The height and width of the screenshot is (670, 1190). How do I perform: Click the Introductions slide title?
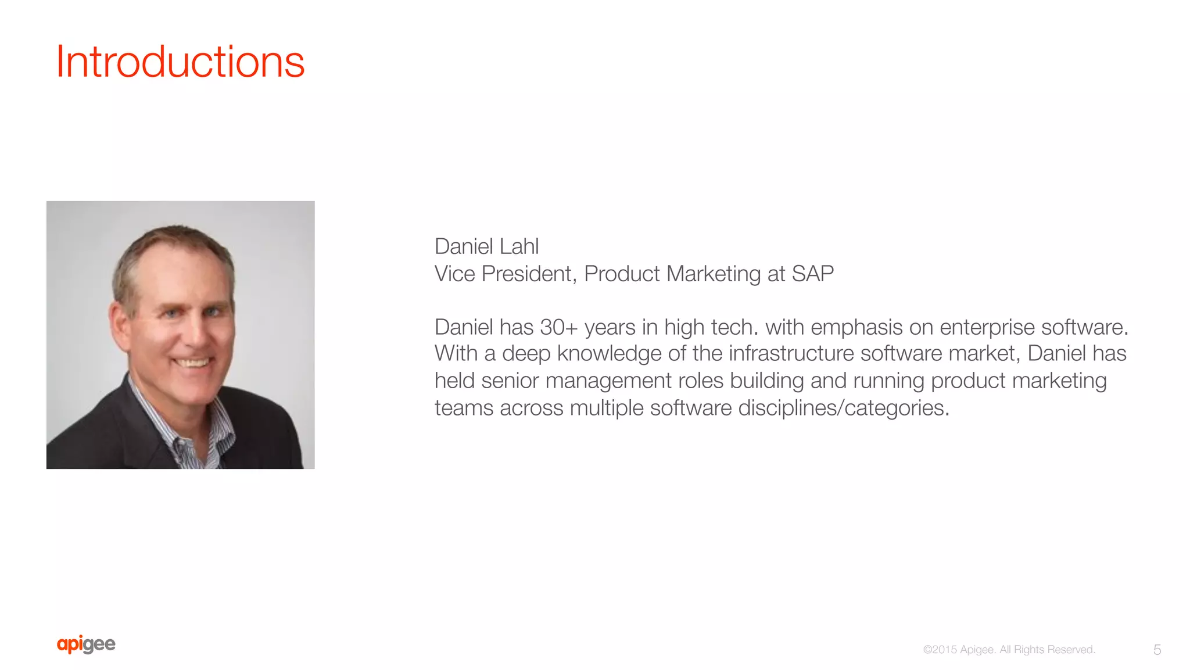coord(180,62)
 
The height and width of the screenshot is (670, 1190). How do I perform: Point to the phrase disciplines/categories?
coord(844,408)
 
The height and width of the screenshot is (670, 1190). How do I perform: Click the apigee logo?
coord(86,644)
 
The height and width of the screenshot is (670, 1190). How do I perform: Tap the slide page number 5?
coord(1157,650)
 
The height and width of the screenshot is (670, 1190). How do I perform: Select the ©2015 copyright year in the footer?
coord(939,650)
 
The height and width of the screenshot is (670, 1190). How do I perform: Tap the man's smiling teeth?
coord(193,363)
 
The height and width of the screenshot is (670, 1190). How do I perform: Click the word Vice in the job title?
coord(455,274)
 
